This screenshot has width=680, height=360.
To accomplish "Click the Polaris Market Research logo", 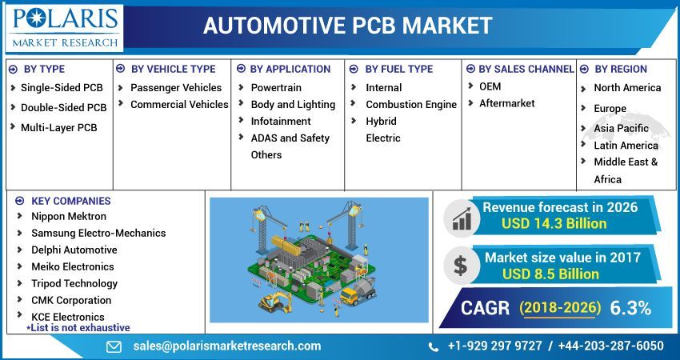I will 64,26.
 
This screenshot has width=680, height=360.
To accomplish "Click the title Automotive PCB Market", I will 348,26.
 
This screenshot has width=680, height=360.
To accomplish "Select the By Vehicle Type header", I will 173,70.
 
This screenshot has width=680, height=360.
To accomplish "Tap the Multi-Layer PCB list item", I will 58,127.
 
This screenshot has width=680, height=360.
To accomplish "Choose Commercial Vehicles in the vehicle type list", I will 179,105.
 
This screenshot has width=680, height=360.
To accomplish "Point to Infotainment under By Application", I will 281,122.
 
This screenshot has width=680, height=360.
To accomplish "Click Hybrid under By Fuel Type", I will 381,122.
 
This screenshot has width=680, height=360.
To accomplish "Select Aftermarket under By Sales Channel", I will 506,103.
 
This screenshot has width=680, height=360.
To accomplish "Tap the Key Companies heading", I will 70,201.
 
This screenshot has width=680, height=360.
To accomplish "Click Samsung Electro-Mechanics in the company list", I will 98,233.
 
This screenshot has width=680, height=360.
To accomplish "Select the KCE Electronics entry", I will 67,317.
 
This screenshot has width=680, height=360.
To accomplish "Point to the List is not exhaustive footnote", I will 78,327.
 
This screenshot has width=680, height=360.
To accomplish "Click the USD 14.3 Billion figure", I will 554,224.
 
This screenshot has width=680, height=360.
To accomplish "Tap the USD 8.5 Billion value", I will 550,274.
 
